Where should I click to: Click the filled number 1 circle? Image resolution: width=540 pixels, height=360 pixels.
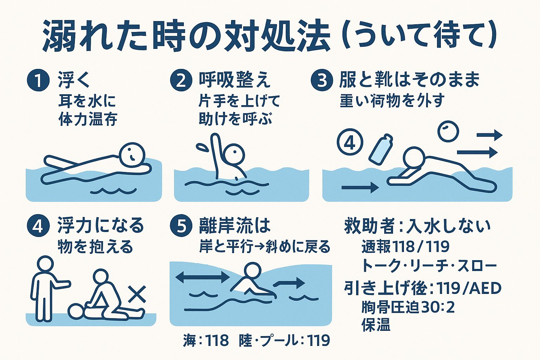[x=38, y=80]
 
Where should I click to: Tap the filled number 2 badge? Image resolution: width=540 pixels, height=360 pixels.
[x=181, y=80]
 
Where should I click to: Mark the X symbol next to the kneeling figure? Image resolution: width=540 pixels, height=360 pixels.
[x=137, y=294]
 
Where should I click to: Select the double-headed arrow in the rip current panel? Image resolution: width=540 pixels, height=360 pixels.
[x=202, y=277]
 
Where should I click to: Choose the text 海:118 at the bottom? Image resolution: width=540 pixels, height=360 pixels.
[x=206, y=340]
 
